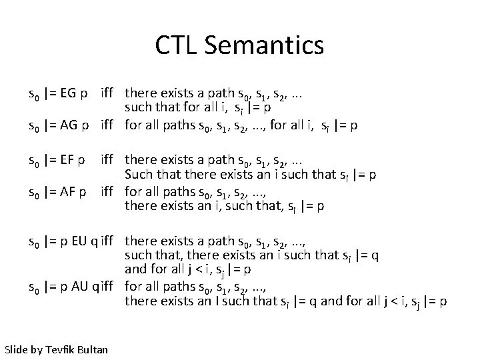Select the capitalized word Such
(139, 175)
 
